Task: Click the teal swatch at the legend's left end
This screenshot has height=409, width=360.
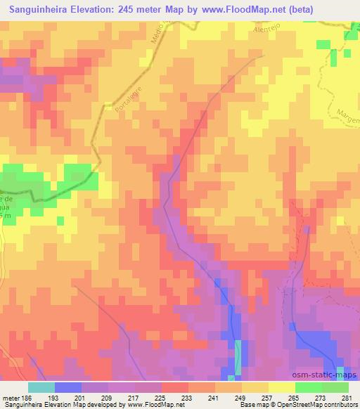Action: tap(41, 387)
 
